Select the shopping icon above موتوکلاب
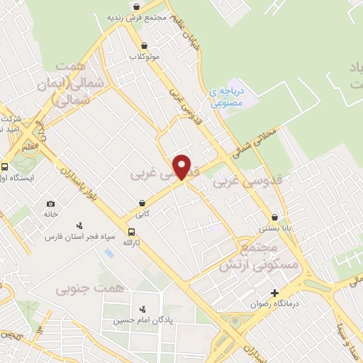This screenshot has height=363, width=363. (145, 45)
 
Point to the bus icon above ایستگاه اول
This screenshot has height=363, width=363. (5, 167)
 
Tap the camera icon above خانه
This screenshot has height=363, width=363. (50, 203)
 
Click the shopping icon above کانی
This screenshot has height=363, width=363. (145, 201)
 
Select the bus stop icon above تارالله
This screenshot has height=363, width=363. (131, 232)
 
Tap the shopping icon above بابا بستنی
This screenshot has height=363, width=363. (274, 218)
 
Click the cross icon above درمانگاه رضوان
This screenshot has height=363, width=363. (274, 293)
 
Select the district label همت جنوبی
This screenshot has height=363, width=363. (90, 289)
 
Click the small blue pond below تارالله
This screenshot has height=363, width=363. (108, 252)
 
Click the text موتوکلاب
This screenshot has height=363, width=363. (145, 56)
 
